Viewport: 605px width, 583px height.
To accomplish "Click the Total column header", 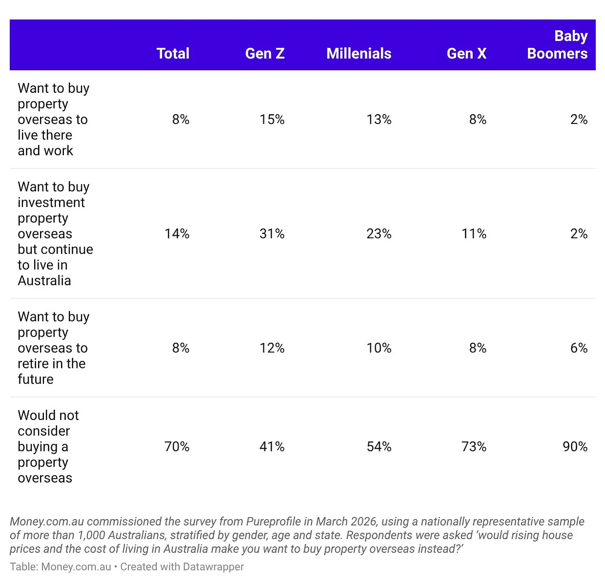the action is (173, 54).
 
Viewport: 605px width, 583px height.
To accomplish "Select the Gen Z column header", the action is (265, 54).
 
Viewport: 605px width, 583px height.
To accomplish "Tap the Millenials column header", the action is (359, 54).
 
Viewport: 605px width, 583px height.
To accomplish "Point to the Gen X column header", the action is (466, 54).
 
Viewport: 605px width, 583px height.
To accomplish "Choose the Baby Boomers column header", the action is (558, 45).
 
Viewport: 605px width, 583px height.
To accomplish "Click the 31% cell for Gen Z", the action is (272, 234).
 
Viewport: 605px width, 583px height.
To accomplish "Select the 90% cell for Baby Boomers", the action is (575, 447).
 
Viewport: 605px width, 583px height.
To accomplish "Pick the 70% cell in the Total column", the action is (177, 447).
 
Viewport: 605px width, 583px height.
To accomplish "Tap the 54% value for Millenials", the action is (379, 447).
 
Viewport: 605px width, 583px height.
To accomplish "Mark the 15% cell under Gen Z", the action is (272, 120).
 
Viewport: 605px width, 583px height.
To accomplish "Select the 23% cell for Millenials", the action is (379, 234).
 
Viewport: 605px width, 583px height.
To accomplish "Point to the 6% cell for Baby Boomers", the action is (579, 348).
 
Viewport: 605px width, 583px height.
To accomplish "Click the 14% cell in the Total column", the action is (177, 234).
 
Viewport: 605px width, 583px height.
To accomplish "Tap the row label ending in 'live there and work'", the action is (54, 120).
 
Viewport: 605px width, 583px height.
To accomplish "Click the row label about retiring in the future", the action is (54, 348).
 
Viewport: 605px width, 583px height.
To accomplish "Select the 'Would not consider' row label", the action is (48, 447).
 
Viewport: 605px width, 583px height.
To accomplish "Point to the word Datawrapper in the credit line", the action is (213, 567).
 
